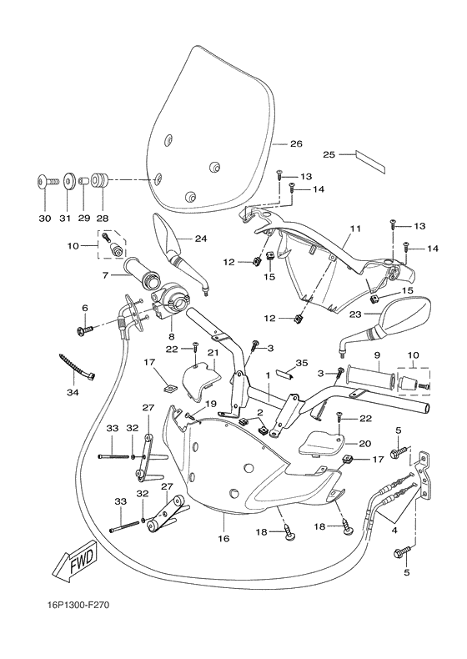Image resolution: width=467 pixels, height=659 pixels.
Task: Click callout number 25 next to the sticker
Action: click(235, 155)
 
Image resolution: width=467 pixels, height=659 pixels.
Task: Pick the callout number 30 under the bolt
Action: click(44, 218)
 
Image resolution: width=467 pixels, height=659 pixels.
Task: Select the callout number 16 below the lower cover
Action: click(223, 540)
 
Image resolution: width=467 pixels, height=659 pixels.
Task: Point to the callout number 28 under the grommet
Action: click(103, 218)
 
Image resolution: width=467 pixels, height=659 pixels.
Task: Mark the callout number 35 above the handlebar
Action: click(301, 363)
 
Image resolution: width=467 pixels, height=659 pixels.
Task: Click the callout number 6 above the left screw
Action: click(85, 309)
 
